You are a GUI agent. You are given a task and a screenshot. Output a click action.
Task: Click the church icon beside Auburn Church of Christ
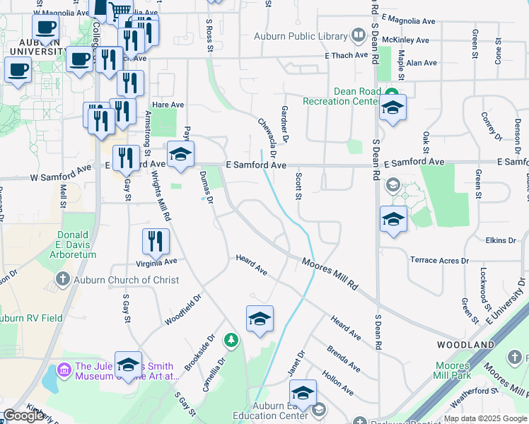(64, 280)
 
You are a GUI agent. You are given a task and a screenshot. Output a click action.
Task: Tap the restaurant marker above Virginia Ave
(156, 242)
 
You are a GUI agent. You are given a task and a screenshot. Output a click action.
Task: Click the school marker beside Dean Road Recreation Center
(393, 108)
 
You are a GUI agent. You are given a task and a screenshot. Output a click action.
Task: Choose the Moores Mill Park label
(453, 371)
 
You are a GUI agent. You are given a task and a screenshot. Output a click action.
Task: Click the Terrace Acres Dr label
(438, 261)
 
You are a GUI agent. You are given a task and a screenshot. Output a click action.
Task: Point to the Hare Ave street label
(168, 105)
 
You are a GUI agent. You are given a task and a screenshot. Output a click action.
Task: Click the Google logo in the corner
(23, 416)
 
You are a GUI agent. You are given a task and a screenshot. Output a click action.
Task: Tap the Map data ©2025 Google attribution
(484, 418)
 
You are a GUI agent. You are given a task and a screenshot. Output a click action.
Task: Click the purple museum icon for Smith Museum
(64, 369)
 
